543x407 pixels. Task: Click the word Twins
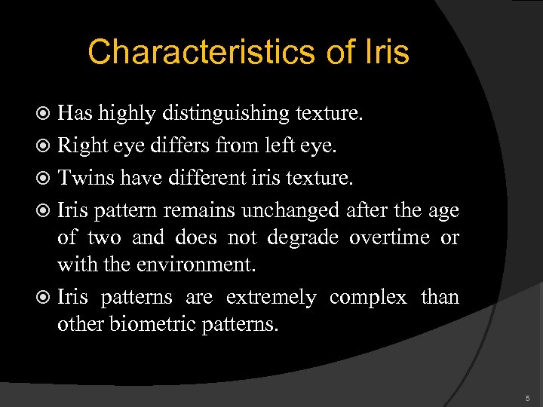click(x=82, y=179)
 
